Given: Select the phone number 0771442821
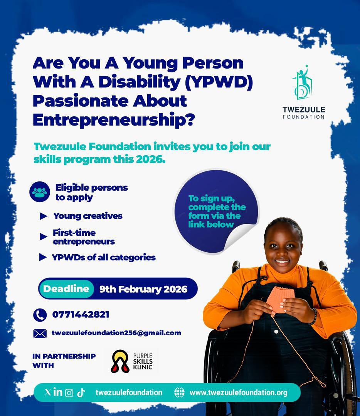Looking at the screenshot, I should click(x=81, y=315).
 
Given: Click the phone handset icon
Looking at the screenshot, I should click(x=40, y=315).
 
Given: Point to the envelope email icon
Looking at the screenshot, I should click(x=40, y=333).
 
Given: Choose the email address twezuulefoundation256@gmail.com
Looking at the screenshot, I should click(x=116, y=333).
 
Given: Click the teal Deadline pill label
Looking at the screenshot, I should click(x=66, y=289).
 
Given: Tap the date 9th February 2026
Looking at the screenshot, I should click(x=143, y=289).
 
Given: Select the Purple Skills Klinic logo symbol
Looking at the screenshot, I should click(x=120, y=361).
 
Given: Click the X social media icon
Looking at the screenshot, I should click(x=47, y=392).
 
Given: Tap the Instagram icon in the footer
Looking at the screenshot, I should click(x=69, y=393).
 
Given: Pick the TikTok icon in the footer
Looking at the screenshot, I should click(x=81, y=393).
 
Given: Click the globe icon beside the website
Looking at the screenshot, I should click(x=179, y=393).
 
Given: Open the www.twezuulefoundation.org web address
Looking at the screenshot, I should click(x=238, y=393).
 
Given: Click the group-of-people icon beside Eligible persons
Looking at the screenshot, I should click(x=40, y=192).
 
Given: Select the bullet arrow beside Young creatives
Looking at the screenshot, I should click(x=44, y=216).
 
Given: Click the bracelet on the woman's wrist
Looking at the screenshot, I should click(x=314, y=316).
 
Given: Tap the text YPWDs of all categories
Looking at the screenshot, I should click(x=104, y=257).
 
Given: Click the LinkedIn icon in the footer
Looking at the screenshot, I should click(x=58, y=392).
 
